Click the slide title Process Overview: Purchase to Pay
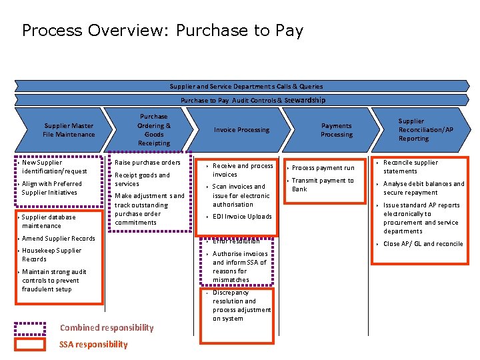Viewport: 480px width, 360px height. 162,31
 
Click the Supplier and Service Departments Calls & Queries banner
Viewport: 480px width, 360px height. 246,86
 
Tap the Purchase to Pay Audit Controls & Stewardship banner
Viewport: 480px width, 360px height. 253,100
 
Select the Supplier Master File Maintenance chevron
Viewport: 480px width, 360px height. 69,130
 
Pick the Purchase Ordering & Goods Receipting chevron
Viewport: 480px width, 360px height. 154,129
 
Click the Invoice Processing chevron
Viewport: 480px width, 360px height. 241,129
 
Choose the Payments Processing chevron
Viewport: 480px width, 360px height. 337,129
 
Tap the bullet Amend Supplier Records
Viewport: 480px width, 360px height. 59,238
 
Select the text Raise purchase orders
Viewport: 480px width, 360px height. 147,163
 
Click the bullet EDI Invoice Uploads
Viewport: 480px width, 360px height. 242,217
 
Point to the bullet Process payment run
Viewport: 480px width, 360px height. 323,168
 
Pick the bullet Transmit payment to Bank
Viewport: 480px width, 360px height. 323,185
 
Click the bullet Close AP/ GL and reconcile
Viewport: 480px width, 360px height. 423,244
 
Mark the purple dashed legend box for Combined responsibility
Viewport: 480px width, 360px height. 30,328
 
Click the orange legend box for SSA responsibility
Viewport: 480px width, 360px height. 30,344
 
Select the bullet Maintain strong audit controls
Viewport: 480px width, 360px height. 54,281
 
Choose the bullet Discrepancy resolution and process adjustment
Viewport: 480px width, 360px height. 241,305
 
